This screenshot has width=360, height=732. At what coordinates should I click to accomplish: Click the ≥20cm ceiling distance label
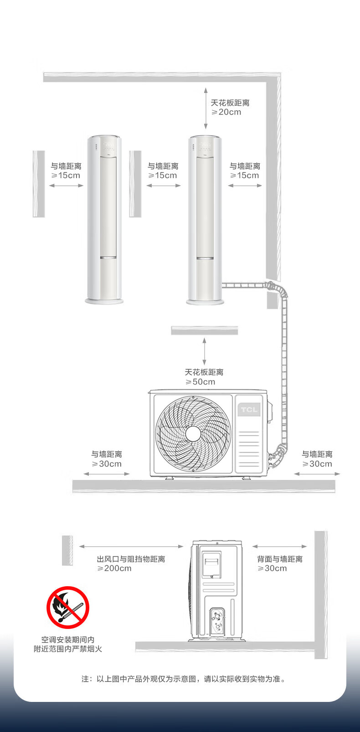(x=226, y=112)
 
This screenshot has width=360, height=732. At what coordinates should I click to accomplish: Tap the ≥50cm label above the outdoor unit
(x=201, y=382)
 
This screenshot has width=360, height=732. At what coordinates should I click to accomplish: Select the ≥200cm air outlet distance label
(x=114, y=568)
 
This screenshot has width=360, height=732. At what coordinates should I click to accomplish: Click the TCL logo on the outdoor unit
(x=249, y=409)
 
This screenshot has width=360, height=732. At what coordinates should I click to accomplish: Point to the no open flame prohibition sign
(x=67, y=607)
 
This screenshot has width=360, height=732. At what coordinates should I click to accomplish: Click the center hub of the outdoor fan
(x=193, y=433)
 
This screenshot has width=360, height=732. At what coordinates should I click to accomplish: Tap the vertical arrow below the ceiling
(x=206, y=108)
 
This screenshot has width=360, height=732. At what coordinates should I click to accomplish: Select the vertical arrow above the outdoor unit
(x=204, y=351)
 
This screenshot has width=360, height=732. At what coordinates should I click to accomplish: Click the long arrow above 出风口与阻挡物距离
(x=131, y=546)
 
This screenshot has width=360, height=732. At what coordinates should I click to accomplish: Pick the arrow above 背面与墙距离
(x=279, y=546)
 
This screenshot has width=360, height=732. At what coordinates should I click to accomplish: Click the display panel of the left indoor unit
(x=108, y=147)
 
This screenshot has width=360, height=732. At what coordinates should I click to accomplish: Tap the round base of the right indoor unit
(x=205, y=301)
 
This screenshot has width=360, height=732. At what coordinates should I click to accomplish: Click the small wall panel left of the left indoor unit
(x=39, y=184)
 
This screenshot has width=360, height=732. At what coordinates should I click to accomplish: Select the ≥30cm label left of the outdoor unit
(x=107, y=464)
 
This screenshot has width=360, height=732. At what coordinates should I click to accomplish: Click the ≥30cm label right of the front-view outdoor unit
(x=317, y=464)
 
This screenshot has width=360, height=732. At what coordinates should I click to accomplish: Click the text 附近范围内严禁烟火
(x=67, y=649)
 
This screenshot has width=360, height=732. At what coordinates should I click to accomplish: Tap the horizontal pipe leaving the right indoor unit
(x=244, y=286)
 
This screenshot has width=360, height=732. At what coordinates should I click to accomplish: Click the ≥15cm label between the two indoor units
(x=162, y=175)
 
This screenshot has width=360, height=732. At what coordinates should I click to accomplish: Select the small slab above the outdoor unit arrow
(x=204, y=330)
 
